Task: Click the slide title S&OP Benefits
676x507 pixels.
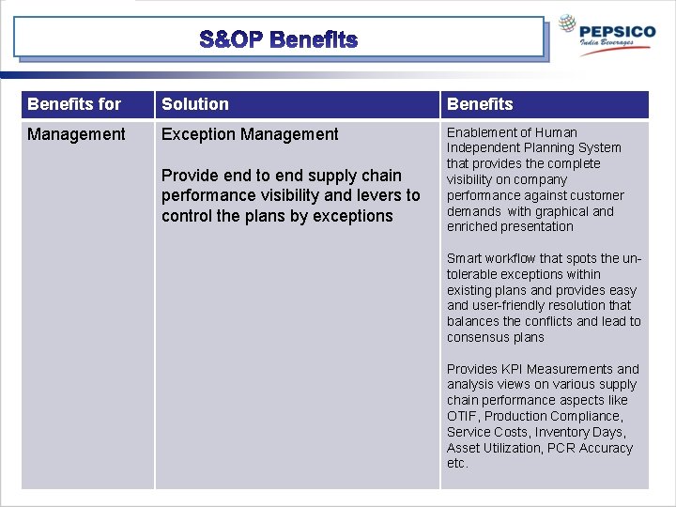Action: coord(279,39)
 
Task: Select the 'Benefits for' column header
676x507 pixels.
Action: coord(74,104)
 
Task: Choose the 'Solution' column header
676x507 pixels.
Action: coord(195,104)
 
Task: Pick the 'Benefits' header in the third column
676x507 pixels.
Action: coord(480,104)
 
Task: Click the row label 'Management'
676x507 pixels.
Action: coord(76,134)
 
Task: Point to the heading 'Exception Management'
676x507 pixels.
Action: coord(250,134)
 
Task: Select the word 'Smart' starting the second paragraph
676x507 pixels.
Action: coord(465,258)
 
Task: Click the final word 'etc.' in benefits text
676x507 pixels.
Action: coord(457,464)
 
